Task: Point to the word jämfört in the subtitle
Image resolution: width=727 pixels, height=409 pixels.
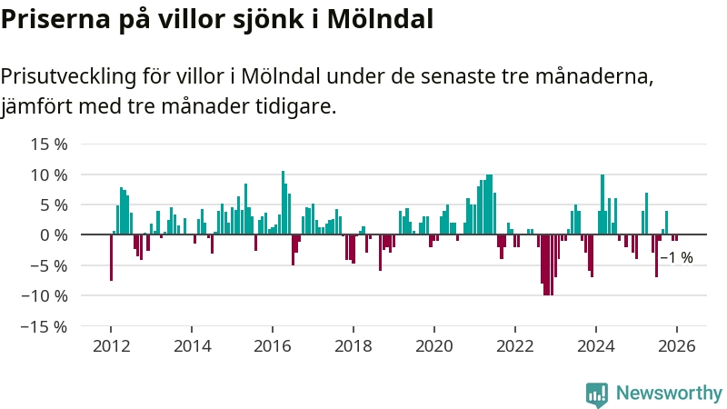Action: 35,106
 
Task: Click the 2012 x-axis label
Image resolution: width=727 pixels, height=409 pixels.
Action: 111,345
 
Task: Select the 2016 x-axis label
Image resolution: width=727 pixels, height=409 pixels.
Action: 273,345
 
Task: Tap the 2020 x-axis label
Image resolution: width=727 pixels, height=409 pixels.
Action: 434,345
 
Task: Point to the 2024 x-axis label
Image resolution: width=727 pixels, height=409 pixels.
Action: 596,345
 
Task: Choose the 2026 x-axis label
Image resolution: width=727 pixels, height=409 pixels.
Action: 677,345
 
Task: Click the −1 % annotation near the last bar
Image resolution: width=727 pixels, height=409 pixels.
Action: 676,258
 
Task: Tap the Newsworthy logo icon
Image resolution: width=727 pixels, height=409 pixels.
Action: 597,394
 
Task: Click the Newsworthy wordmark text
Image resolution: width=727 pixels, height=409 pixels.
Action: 669,394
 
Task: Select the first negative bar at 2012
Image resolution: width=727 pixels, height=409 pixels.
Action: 111,257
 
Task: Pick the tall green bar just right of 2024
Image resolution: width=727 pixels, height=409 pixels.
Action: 603,204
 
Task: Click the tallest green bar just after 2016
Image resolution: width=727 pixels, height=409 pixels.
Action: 283,203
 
